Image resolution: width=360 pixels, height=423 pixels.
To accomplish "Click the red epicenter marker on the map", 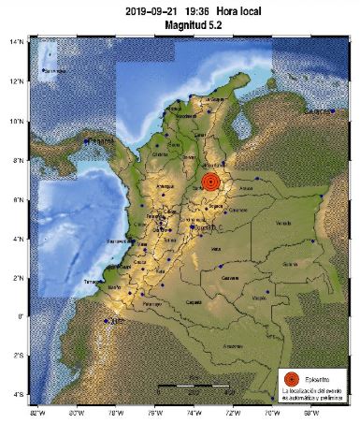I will [x=211, y=181].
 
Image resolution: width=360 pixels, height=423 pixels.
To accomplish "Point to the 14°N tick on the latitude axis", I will [x=16, y=42].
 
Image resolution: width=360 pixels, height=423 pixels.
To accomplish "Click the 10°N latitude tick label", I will [x=16, y=121].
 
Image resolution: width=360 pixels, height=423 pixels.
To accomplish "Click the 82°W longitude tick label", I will [x=37, y=412].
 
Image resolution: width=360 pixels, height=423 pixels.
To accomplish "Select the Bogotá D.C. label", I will [x=205, y=226].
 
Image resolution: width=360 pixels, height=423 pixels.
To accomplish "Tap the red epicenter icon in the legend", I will [x=292, y=378].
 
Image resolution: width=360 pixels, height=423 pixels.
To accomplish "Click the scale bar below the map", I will [x=192, y=386].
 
